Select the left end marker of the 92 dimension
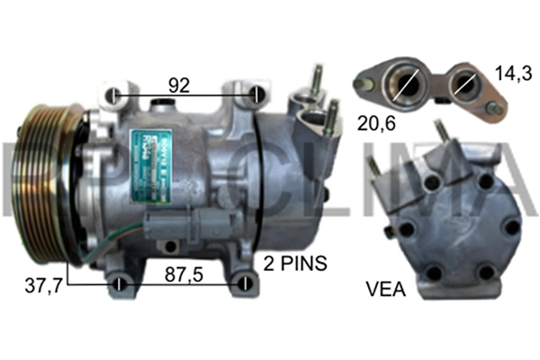(x=113, y=95)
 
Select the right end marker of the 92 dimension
(x=257, y=95)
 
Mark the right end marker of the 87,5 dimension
(x=244, y=286)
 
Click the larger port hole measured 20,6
(x=402, y=85)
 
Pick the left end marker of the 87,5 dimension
(x=120, y=286)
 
